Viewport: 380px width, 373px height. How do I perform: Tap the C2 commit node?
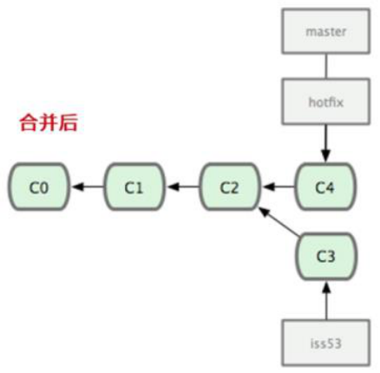(x=229, y=185)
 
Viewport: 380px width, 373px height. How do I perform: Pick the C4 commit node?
(x=325, y=185)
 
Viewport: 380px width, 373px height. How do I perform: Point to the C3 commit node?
(x=325, y=256)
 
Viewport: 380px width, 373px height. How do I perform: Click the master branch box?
(x=325, y=31)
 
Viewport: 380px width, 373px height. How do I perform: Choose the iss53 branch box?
(x=325, y=341)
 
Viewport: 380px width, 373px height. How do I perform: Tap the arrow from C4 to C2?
(x=278, y=185)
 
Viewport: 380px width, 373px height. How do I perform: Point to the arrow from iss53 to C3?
(x=325, y=299)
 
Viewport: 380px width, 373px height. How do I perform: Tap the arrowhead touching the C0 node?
(x=75, y=185)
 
